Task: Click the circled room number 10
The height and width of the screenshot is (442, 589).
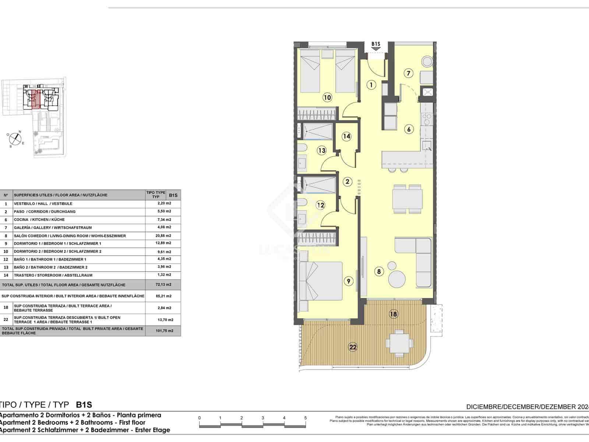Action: (327, 98)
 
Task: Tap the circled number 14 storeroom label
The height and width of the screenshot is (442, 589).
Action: (346, 136)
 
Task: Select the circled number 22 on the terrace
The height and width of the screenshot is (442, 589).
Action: (353, 347)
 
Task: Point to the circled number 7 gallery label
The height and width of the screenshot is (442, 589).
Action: (408, 73)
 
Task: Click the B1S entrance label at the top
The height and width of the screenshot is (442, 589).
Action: (375, 44)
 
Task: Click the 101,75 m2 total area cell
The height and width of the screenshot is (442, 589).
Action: (164, 331)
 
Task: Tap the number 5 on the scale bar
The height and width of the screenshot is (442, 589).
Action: (306, 418)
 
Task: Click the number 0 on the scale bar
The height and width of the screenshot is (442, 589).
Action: (199, 418)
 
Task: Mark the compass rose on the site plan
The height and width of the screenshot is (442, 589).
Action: (15, 138)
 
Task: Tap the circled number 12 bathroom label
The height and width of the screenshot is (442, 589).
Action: (321, 205)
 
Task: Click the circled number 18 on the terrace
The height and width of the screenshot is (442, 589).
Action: (394, 314)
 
